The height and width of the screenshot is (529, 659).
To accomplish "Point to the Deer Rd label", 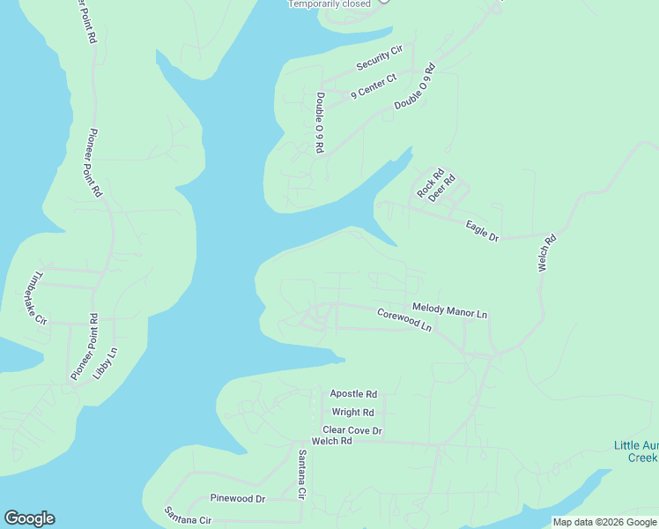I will click(441, 189).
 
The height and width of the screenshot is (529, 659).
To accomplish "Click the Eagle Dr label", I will click(482, 232).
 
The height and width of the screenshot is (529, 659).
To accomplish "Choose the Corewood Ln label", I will click(404, 319).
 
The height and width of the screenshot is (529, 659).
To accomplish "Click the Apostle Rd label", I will click(353, 394).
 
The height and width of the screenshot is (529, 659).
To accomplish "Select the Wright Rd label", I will click(353, 412).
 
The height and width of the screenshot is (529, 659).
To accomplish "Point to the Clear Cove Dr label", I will click(352, 430).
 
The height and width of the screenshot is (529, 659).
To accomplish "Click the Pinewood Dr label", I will click(237, 499).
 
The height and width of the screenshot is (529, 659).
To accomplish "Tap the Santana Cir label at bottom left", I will click(189, 515).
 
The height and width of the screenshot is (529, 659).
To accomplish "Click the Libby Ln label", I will click(110, 363).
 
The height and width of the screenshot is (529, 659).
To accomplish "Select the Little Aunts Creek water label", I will click(635, 451).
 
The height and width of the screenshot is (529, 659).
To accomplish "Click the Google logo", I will click(29, 518).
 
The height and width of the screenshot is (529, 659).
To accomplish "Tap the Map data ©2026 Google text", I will click(604, 522).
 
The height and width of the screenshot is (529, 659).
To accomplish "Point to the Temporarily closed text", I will click(329, 4).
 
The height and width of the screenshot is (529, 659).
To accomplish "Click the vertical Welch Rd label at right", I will click(547, 252).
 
